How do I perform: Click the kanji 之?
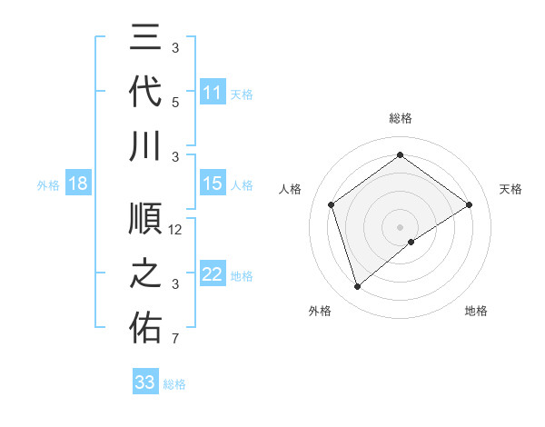(146, 275)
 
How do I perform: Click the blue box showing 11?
(213, 92)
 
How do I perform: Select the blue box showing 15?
(213, 184)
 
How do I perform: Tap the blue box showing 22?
(213, 275)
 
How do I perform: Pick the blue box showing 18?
(78, 184)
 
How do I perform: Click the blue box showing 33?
(145, 382)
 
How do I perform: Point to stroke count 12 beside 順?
(176, 230)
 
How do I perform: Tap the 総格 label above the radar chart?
(400, 118)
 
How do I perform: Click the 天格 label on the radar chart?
(510, 189)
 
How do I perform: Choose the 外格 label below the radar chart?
(320, 311)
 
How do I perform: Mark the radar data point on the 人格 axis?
(332, 204)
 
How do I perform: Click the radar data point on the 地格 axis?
(411, 242)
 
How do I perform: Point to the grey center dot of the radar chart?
(400, 226)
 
